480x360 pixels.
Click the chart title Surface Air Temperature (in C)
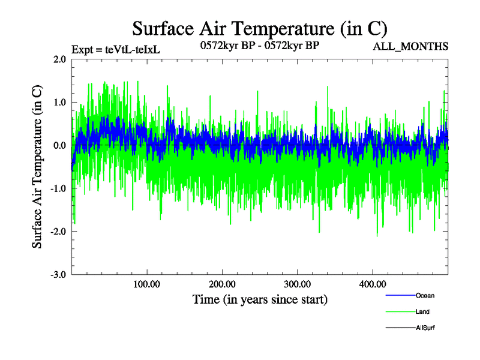pyautogui.click(x=259, y=28)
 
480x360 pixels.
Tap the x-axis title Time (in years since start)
pyautogui.click(x=260, y=299)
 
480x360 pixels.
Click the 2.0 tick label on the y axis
pyautogui.click(x=59, y=59)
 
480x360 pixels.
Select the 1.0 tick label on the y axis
pyautogui.click(x=59, y=103)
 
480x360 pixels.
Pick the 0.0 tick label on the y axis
pyautogui.click(x=59, y=146)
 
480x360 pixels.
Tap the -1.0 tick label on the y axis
pyautogui.click(x=58, y=189)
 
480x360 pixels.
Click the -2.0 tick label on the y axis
pyautogui.click(x=58, y=232)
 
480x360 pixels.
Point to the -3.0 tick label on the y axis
pyautogui.click(x=58, y=275)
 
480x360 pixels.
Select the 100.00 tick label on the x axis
pyautogui.click(x=147, y=284)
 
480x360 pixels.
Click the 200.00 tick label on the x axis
pyautogui.click(x=222, y=284)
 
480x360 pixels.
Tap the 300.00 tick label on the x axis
pyautogui.click(x=297, y=284)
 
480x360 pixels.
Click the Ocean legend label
pyautogui.click(x=425, y=295)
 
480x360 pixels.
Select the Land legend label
pyautogui.click(x=422, y=311)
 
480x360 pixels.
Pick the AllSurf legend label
pyautogui.click(x=425, y=328)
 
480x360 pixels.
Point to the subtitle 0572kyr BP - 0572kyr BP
pyautogui.click(x=260, y=45)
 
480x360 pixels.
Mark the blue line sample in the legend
pyautogui.click(x=400, y=295)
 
